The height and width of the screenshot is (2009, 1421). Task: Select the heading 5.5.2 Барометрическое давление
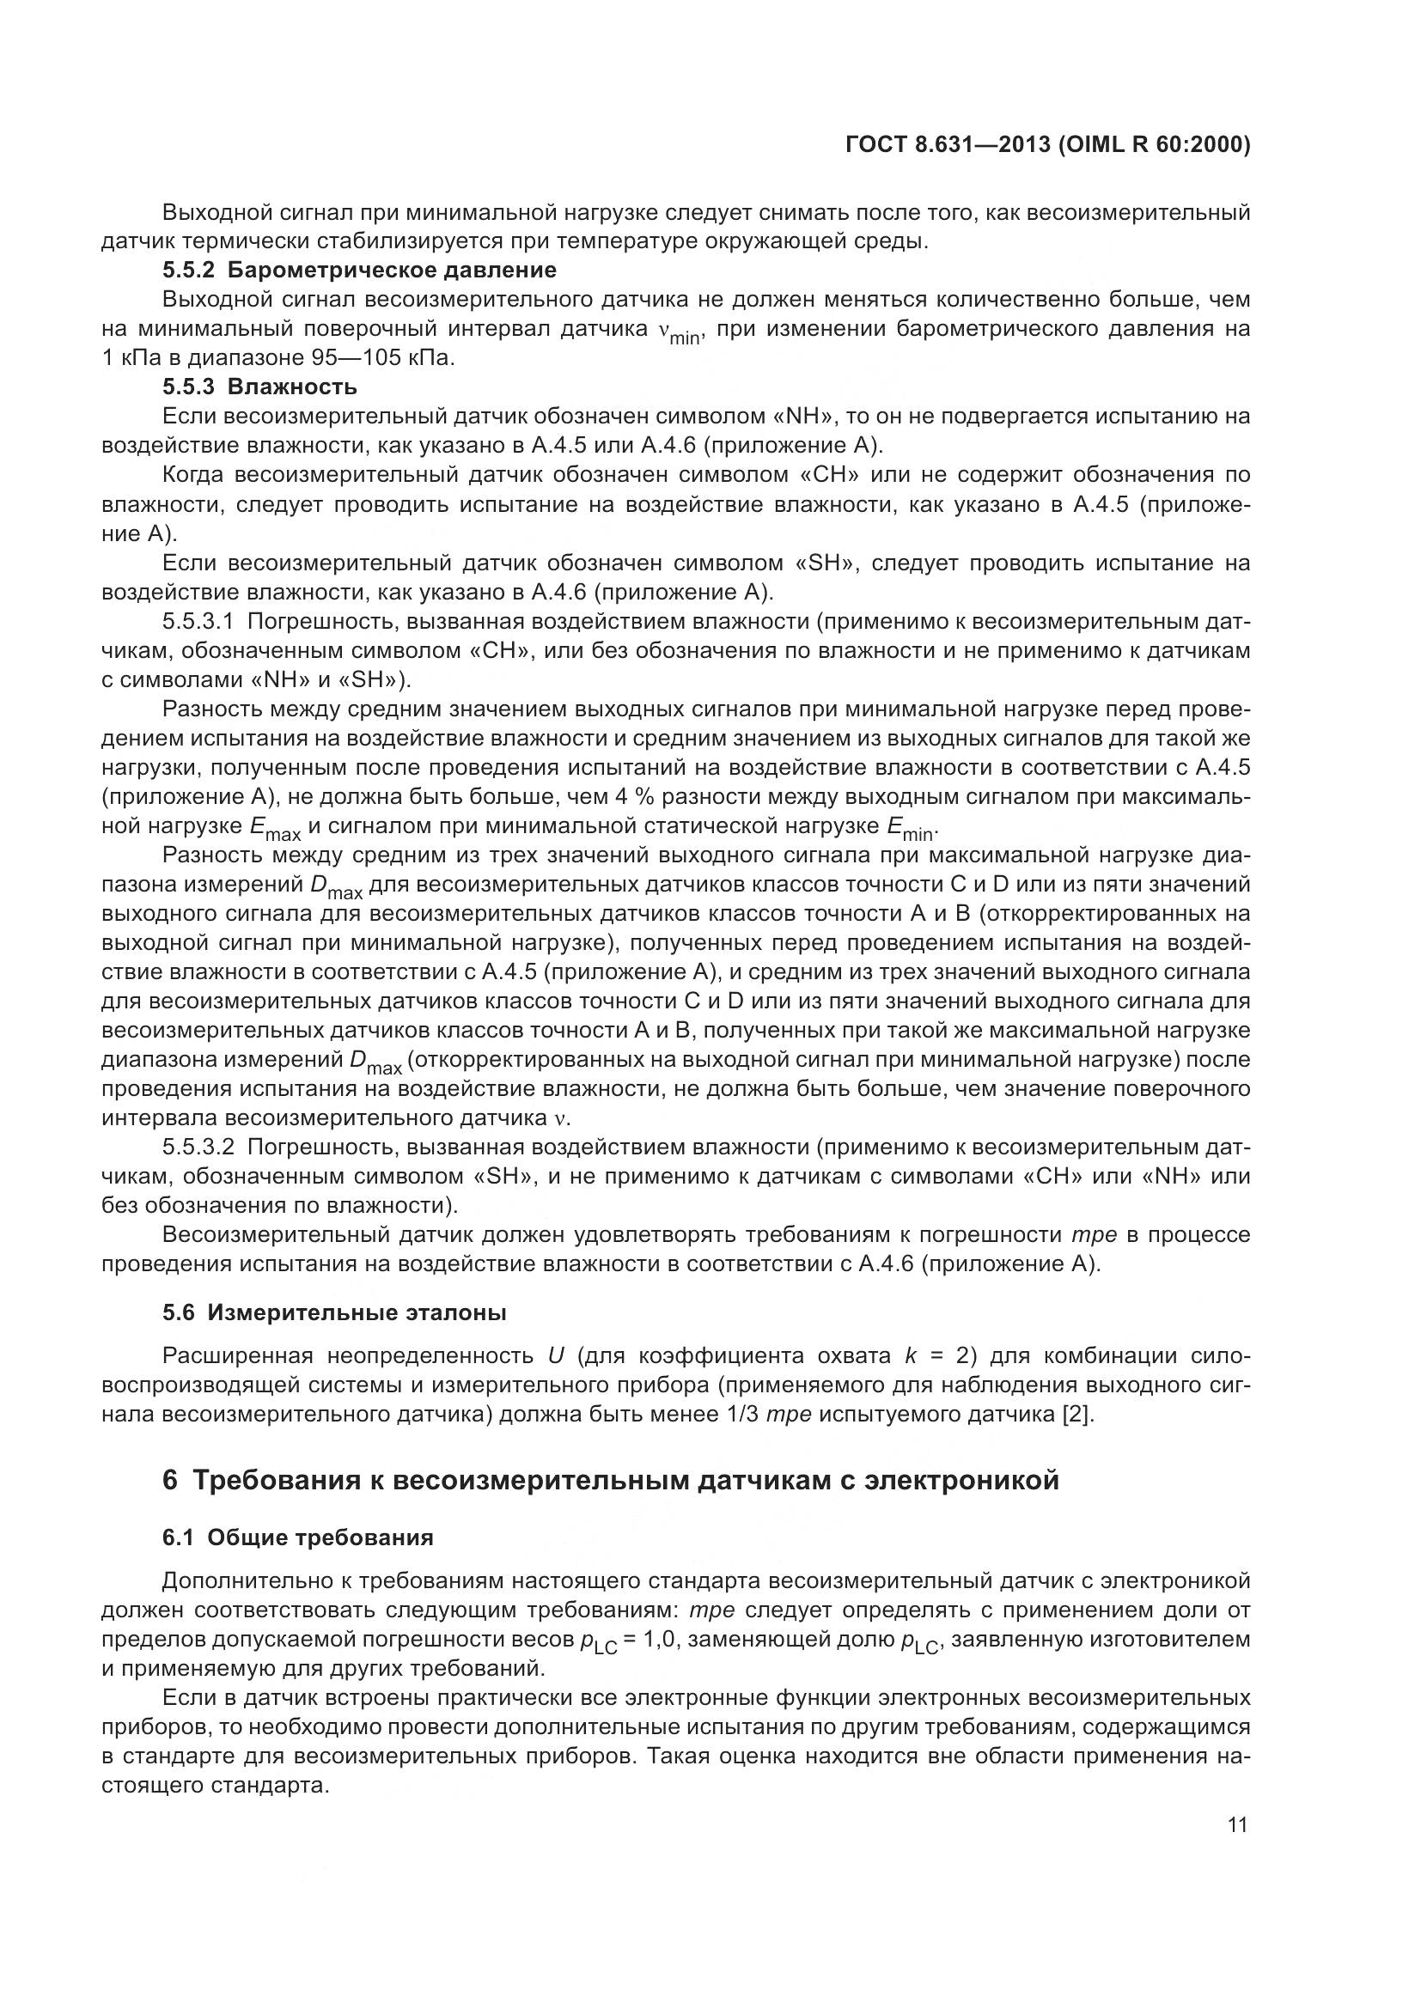tap(359, 271)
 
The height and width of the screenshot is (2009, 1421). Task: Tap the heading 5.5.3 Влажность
tap(259, 387)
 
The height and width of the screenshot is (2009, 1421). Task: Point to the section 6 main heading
tap(610, 1480)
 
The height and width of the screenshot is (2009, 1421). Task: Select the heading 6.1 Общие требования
tap(297, 1537)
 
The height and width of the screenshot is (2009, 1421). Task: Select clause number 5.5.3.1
tap(198, 622)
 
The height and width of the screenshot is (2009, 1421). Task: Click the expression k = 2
tap(936, 1356)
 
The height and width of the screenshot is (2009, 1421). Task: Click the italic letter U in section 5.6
tap(555, 1356)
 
